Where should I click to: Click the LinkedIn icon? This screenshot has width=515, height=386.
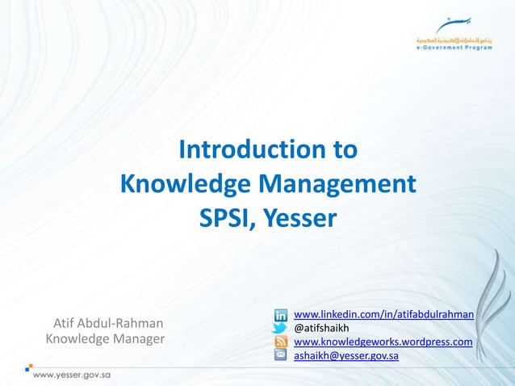click(280, 314)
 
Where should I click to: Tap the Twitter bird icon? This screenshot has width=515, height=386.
click(280, 328)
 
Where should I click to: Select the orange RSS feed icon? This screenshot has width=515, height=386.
click(280, 342)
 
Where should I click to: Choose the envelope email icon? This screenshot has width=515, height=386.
click(280, 355)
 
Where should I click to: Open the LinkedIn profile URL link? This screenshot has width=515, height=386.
click(383, 313)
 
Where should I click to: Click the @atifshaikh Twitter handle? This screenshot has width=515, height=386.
click(320, 328)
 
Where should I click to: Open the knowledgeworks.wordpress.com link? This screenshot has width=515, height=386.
click(383, 342)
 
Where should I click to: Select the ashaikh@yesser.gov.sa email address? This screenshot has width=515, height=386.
click(345, 355)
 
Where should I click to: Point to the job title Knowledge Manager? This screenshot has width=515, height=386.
click(105, 338)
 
